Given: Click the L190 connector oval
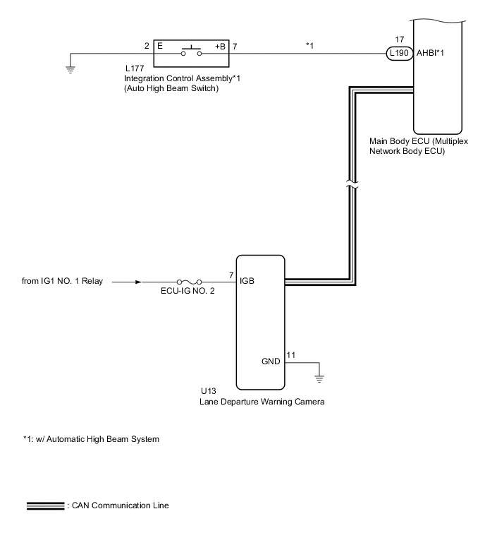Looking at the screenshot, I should click(x=396, y=53).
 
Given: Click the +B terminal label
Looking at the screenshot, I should click(x=221, y=47).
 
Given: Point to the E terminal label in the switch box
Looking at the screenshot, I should click(x=159, y=47).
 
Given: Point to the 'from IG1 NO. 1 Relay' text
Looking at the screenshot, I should click(x=63, y=282).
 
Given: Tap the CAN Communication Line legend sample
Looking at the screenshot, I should click(x=44, y=505).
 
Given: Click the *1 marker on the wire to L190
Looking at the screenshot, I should click(x=309, y=46).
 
